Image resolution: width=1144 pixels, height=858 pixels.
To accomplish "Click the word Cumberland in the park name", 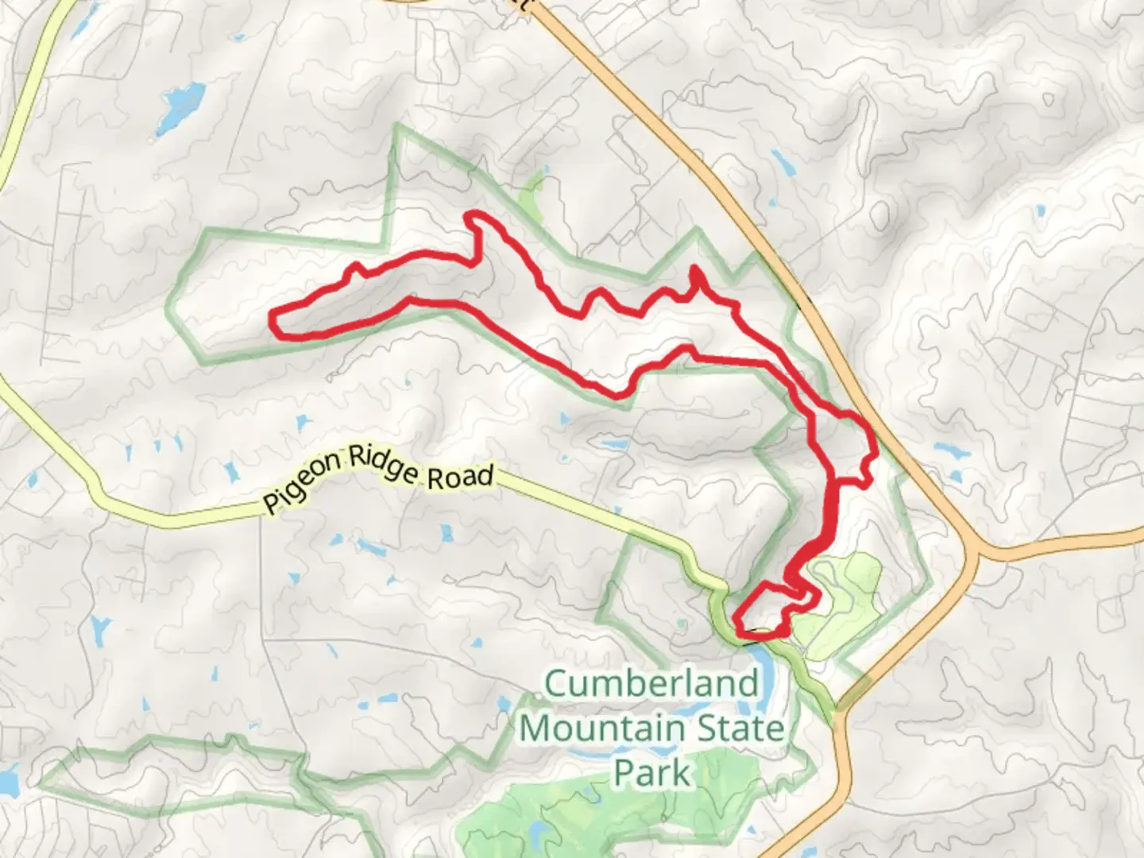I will pyautogui.click(x=651, y=684).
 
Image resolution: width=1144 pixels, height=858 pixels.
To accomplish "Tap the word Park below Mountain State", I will pyautogui.click(x=651, y=772).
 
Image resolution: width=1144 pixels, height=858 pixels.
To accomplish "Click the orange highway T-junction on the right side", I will pyautogui.click(x=974, y=548).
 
